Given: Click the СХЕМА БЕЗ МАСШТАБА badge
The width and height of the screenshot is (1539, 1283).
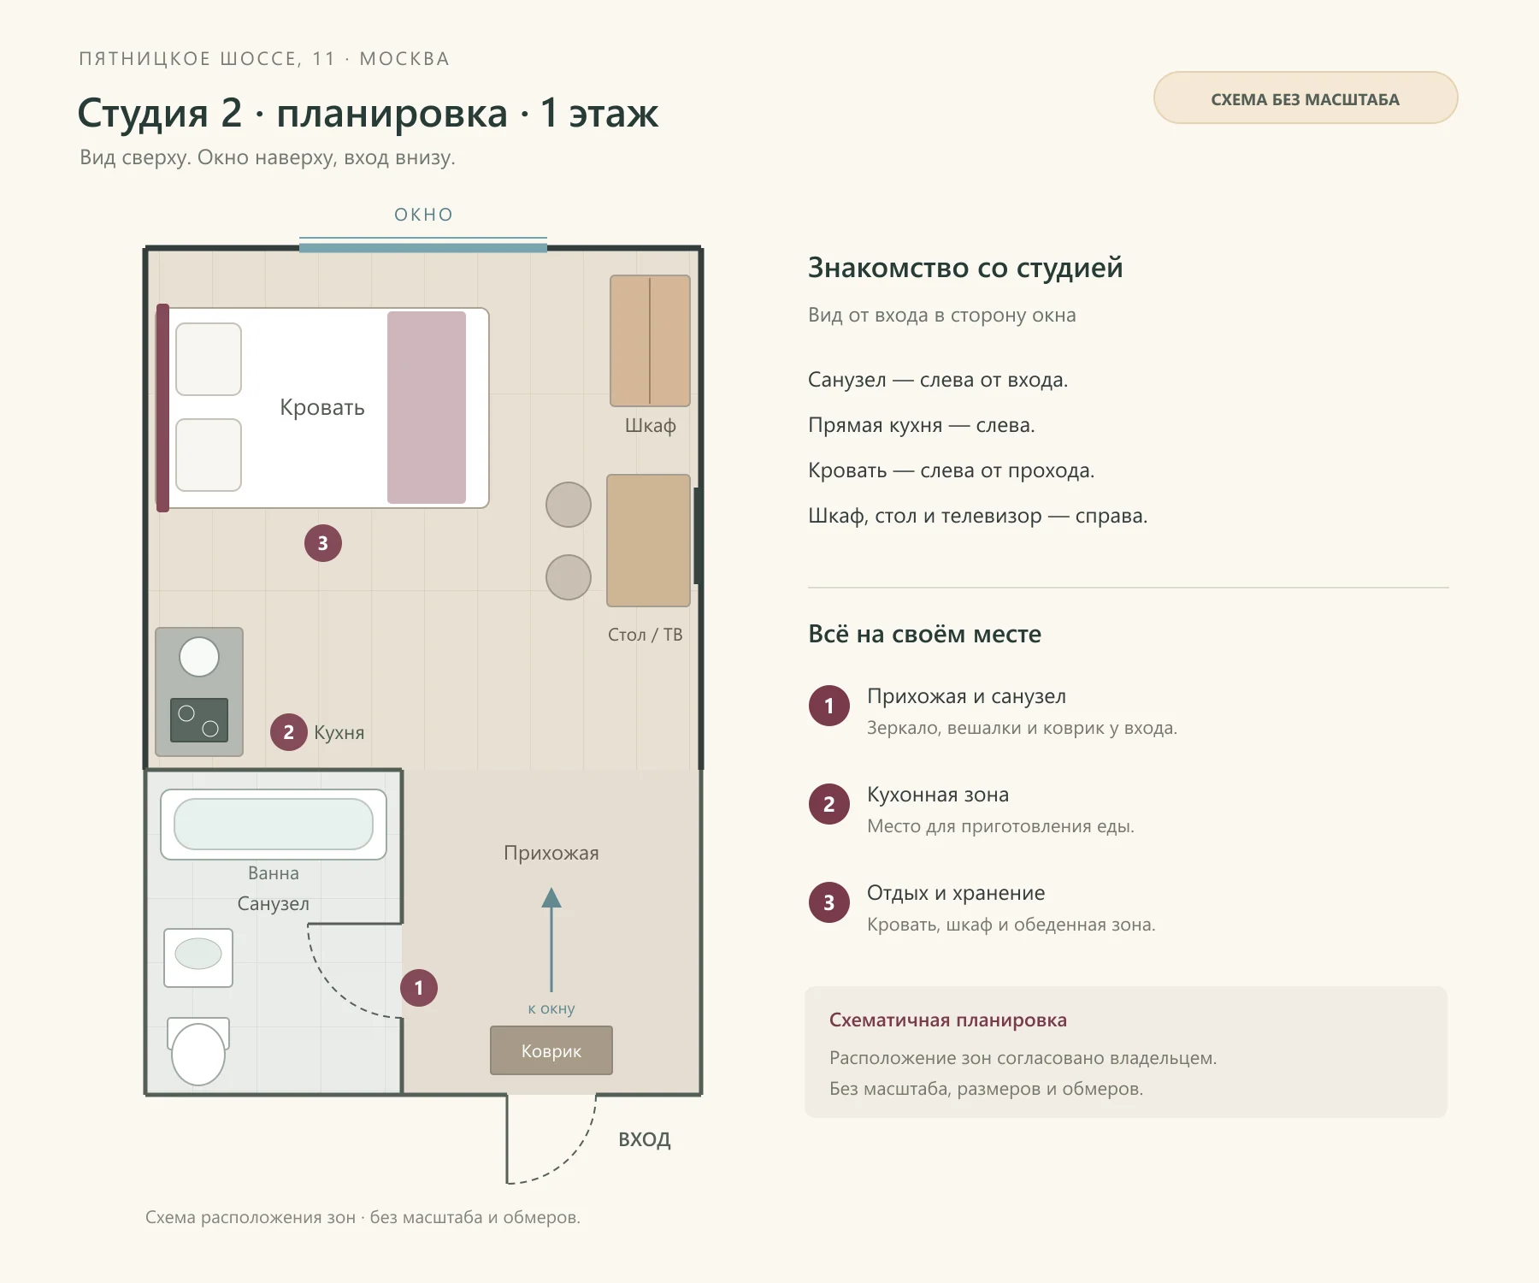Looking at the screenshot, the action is pyautogui.click(x=1306, y=98).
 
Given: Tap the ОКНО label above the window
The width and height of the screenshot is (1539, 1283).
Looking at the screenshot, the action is pyautogui.click(x=423, y=215).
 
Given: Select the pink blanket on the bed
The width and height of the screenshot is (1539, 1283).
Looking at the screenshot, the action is pyautogui.click(x=427, y=407).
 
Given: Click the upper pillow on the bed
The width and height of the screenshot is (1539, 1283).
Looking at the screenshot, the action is pyautogui.click(x=209, y=359).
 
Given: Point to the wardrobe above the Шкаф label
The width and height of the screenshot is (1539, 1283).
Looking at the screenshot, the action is pyautogui.click(x=650, y=340).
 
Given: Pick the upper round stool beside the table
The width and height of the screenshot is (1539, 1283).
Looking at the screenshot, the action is pyautogui.click(x=569, y=505).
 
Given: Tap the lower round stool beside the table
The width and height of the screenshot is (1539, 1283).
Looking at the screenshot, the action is pyautogui.click(x=569, y=577).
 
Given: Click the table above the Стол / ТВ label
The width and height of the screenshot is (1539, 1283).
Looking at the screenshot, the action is pyautogui.click(x=648, y=541).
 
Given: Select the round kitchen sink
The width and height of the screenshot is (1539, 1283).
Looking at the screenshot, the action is pyautogui.click(x=199, y=657).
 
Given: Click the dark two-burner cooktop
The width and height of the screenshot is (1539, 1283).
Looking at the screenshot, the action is pyautogui.click(x=199, y=720).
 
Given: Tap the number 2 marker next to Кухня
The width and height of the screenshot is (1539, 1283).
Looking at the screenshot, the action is pyautogui.click(x=289, y=732).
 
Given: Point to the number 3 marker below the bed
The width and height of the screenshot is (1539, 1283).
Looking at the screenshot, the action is pyautogui.click(x=323, y=543).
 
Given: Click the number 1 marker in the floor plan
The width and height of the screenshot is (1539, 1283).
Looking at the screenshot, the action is pyautogui.click(x=419, y=988).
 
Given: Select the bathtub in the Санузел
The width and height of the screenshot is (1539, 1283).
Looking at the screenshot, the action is pyautogui.click(x=274, y=825).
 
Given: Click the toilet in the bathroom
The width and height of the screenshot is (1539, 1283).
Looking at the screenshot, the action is pyautogui.click(x=198, y=1051).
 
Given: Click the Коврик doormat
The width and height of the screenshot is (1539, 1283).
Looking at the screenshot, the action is pyautogui.click(x=551, y=1050).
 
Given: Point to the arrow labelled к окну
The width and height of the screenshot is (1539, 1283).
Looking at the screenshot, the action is pyautogui.click(x=551, y=941).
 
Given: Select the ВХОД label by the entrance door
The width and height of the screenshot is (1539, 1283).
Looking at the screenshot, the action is pyautogui.click(x=645, y=1139).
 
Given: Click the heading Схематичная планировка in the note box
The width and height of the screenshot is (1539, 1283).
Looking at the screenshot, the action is pyautogui.click(x=948, y=1020).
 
